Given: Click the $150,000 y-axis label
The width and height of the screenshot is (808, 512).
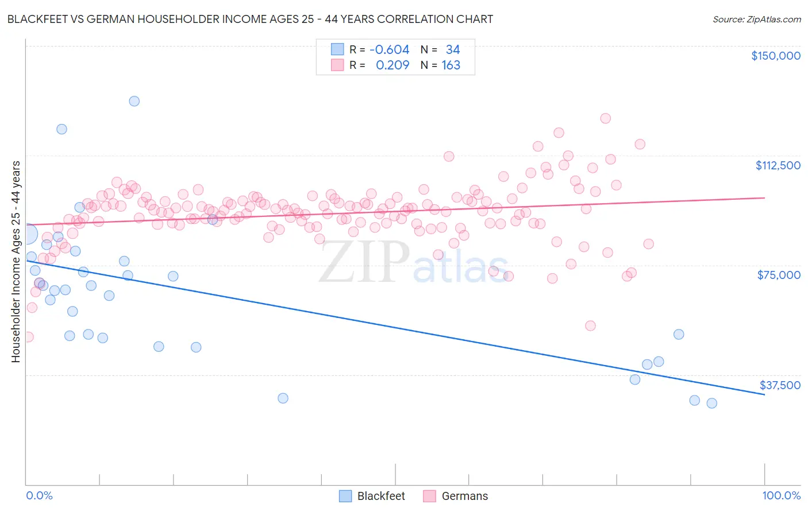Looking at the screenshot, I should tap(775, 56).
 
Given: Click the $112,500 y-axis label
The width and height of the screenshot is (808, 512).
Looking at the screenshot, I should tap(778, 165).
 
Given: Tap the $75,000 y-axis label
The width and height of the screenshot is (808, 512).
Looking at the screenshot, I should tap(779, 275).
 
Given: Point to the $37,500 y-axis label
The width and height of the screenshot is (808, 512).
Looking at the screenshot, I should tap(779, 385).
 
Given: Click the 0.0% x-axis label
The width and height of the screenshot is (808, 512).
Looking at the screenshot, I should tap(39, 495).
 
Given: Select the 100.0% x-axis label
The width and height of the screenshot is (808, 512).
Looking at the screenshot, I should tap(781, 495).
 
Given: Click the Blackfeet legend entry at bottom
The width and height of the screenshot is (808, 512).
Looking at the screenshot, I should tap(380, 496).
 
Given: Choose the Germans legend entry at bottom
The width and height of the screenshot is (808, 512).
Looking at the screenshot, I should tap(464, 496).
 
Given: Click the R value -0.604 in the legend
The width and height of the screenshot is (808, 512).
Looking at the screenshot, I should tap(389, 49).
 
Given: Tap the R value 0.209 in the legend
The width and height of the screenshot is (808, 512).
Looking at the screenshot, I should tap(393, 65).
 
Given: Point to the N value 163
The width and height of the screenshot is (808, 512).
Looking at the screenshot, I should tap(451, 65).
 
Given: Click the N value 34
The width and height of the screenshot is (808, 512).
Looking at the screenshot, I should tap(453, 49).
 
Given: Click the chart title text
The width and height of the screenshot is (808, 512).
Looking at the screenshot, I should tap(250, 19).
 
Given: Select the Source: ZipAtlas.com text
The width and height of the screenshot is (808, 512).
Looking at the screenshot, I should tap(756, 19).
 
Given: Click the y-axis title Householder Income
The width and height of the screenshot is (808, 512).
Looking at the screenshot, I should tap(16, 261).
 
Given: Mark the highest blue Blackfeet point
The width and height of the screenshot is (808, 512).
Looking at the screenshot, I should tap(134, 101).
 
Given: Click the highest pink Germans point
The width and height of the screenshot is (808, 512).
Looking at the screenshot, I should tap(605, 118).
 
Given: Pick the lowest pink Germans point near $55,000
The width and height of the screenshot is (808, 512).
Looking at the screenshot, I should tap(590, 325).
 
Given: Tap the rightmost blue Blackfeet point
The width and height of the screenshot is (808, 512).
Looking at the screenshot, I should tap(711, 403).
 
